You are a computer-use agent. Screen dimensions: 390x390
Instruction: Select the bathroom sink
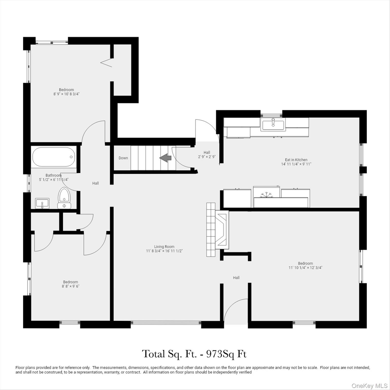tap(42, 203)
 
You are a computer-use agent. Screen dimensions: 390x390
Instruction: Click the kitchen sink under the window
tap(273, 125)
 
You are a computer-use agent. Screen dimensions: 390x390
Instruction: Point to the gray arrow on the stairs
tap(165, 158)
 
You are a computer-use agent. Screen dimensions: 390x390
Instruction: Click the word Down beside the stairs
tap(123, 158)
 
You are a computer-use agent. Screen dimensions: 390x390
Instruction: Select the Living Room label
tap(164, 247)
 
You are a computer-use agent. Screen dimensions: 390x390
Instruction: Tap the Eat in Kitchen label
tap(296, 160)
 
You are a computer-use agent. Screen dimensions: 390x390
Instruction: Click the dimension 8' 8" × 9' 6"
tap(71, 286)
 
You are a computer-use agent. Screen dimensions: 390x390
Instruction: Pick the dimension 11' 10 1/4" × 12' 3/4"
tap(305, 268)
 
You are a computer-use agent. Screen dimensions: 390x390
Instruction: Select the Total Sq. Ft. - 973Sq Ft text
tap(194, 354)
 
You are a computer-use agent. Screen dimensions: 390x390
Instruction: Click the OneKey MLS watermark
tap(369, 386)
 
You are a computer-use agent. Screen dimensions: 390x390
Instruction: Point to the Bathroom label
tap(53, 175)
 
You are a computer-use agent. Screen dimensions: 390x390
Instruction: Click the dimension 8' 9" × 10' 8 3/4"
tap(67, 94)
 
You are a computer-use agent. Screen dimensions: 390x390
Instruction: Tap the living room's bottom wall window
tap(166, 323)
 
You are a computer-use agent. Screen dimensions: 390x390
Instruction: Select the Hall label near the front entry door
tap(236, 278)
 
